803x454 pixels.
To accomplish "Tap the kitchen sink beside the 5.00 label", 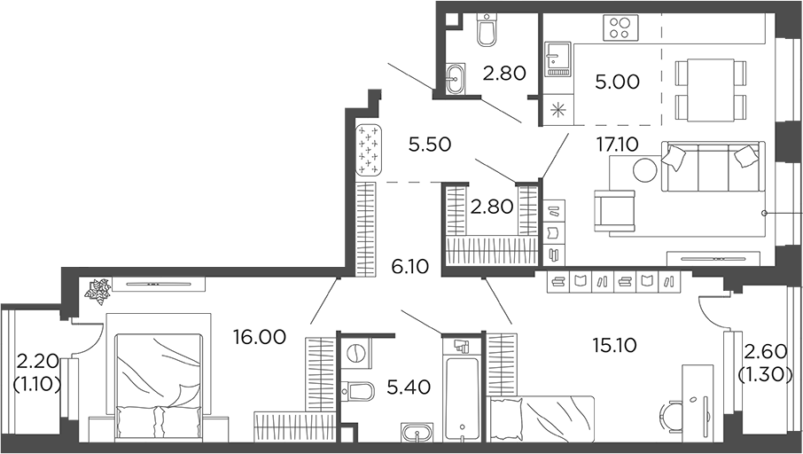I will [x=557, y=59].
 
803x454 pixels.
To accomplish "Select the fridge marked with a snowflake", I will [x=557, y=111].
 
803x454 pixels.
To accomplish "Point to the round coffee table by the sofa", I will [x=644, y=169].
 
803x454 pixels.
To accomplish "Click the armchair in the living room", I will [x=615, y=210].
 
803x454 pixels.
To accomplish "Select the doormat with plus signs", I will [x=368, y=151].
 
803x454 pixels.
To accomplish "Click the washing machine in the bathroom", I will [x=355, y=353].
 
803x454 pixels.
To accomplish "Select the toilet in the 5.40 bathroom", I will [x=358, y=391].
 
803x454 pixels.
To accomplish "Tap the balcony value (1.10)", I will [x=36, y=385].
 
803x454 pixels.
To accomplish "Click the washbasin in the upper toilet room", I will [x=454, y=77].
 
